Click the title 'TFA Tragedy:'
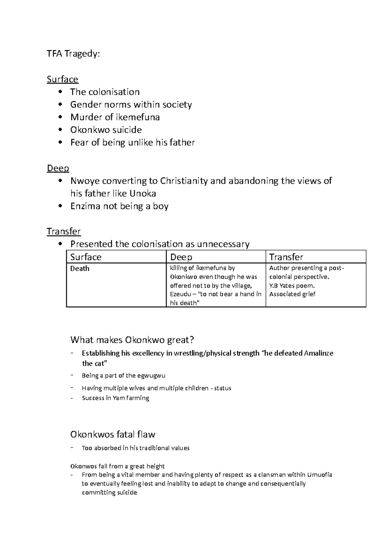point(73,54)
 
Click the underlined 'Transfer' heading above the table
point(64,231)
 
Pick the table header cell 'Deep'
point(181,257)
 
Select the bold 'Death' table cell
point(80,268)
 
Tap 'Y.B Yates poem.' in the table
point(292,285)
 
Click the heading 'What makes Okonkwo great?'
point(132,340)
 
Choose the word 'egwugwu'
point(151,375)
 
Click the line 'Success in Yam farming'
point(115,398)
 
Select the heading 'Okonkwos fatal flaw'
point(113,434)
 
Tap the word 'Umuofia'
point(320,475)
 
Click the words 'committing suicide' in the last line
point(109,492)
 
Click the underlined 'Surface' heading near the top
point(62,79)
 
